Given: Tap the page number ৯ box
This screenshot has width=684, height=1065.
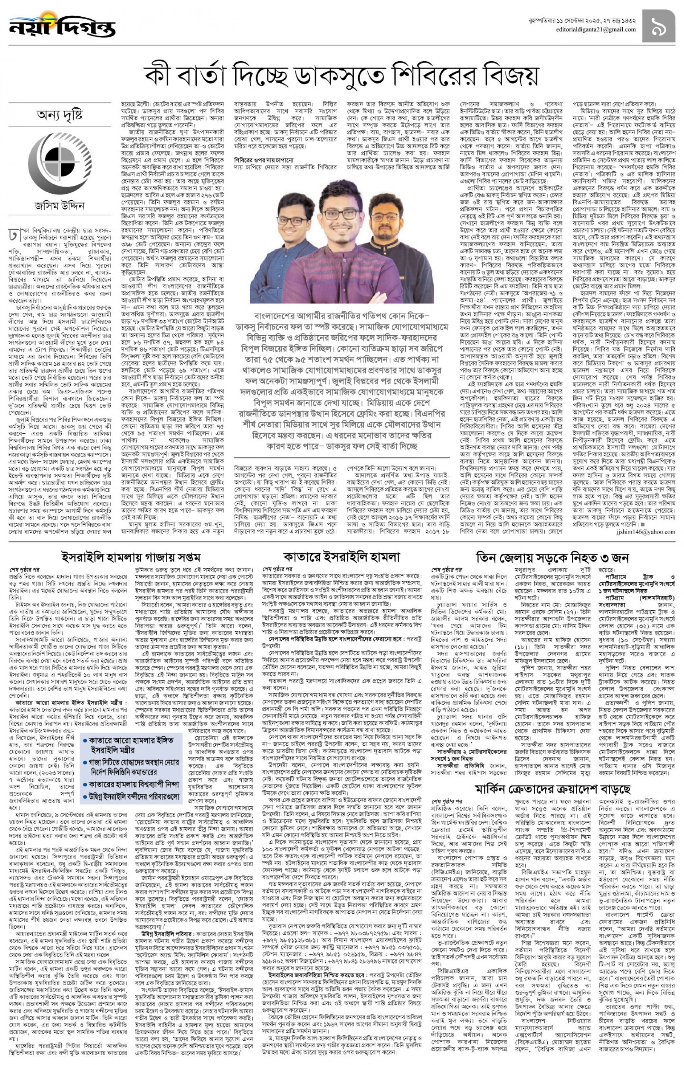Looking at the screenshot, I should [658, 26].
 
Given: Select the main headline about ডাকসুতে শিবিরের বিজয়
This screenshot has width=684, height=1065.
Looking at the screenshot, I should [341, 76].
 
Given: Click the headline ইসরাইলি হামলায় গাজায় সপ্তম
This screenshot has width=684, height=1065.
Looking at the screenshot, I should [131, 557].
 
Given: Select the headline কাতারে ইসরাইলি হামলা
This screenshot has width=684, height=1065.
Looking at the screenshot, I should [341, 557].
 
